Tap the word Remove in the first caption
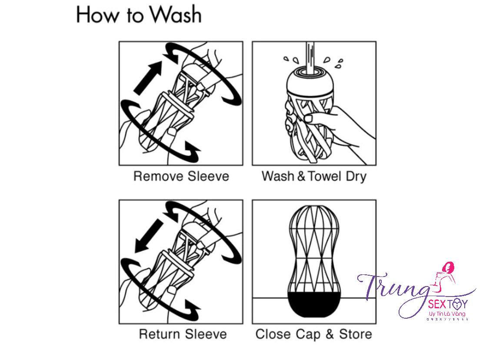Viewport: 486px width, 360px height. pyautogui.click(x=159, y=177)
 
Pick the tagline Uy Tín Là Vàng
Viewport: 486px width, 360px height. pyautogui.click(x=447, y=313)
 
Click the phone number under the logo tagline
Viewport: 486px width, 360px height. pyautogui.click(x=447, y=319)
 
